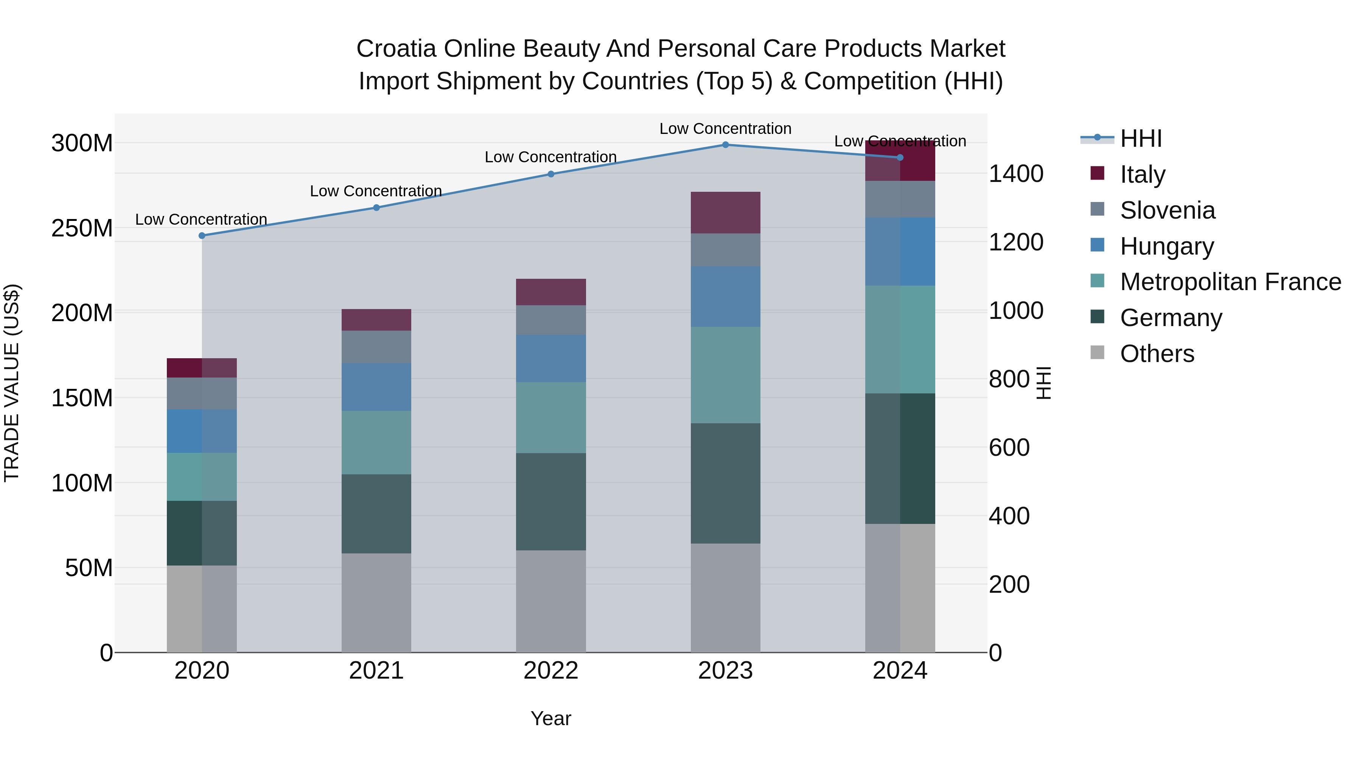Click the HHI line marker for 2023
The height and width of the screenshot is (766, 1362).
pos(725,145)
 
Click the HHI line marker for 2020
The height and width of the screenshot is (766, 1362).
pos(202,236)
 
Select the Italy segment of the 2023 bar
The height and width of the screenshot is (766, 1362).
pos(725,213)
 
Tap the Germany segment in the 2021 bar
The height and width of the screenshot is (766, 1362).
pos(376,514)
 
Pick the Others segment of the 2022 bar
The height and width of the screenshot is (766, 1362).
pos(551,601)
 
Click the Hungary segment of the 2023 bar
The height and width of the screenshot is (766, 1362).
pos(725,297)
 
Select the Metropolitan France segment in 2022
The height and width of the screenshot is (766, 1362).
pos(551,418)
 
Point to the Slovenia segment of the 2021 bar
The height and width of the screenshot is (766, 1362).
pos(376,347)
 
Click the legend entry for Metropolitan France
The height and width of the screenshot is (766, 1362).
pos(1230,282)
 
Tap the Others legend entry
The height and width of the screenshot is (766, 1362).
pos(1157,354)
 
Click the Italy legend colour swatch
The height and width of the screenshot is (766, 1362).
pos(1097,173)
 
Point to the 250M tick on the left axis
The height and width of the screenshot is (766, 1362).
pos(82,228)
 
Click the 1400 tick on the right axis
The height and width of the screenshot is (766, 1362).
pos(1016,174)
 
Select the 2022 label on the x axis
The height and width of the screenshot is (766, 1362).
pos(551,671)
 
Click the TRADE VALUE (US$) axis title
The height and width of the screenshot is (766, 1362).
pos(12,383)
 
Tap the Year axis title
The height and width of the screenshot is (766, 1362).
pos(551,718)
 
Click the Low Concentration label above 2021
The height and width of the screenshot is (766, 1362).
pos(376,191)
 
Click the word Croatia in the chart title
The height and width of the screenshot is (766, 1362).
pos(396,49)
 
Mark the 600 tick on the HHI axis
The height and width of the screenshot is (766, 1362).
pos(1009,448)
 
